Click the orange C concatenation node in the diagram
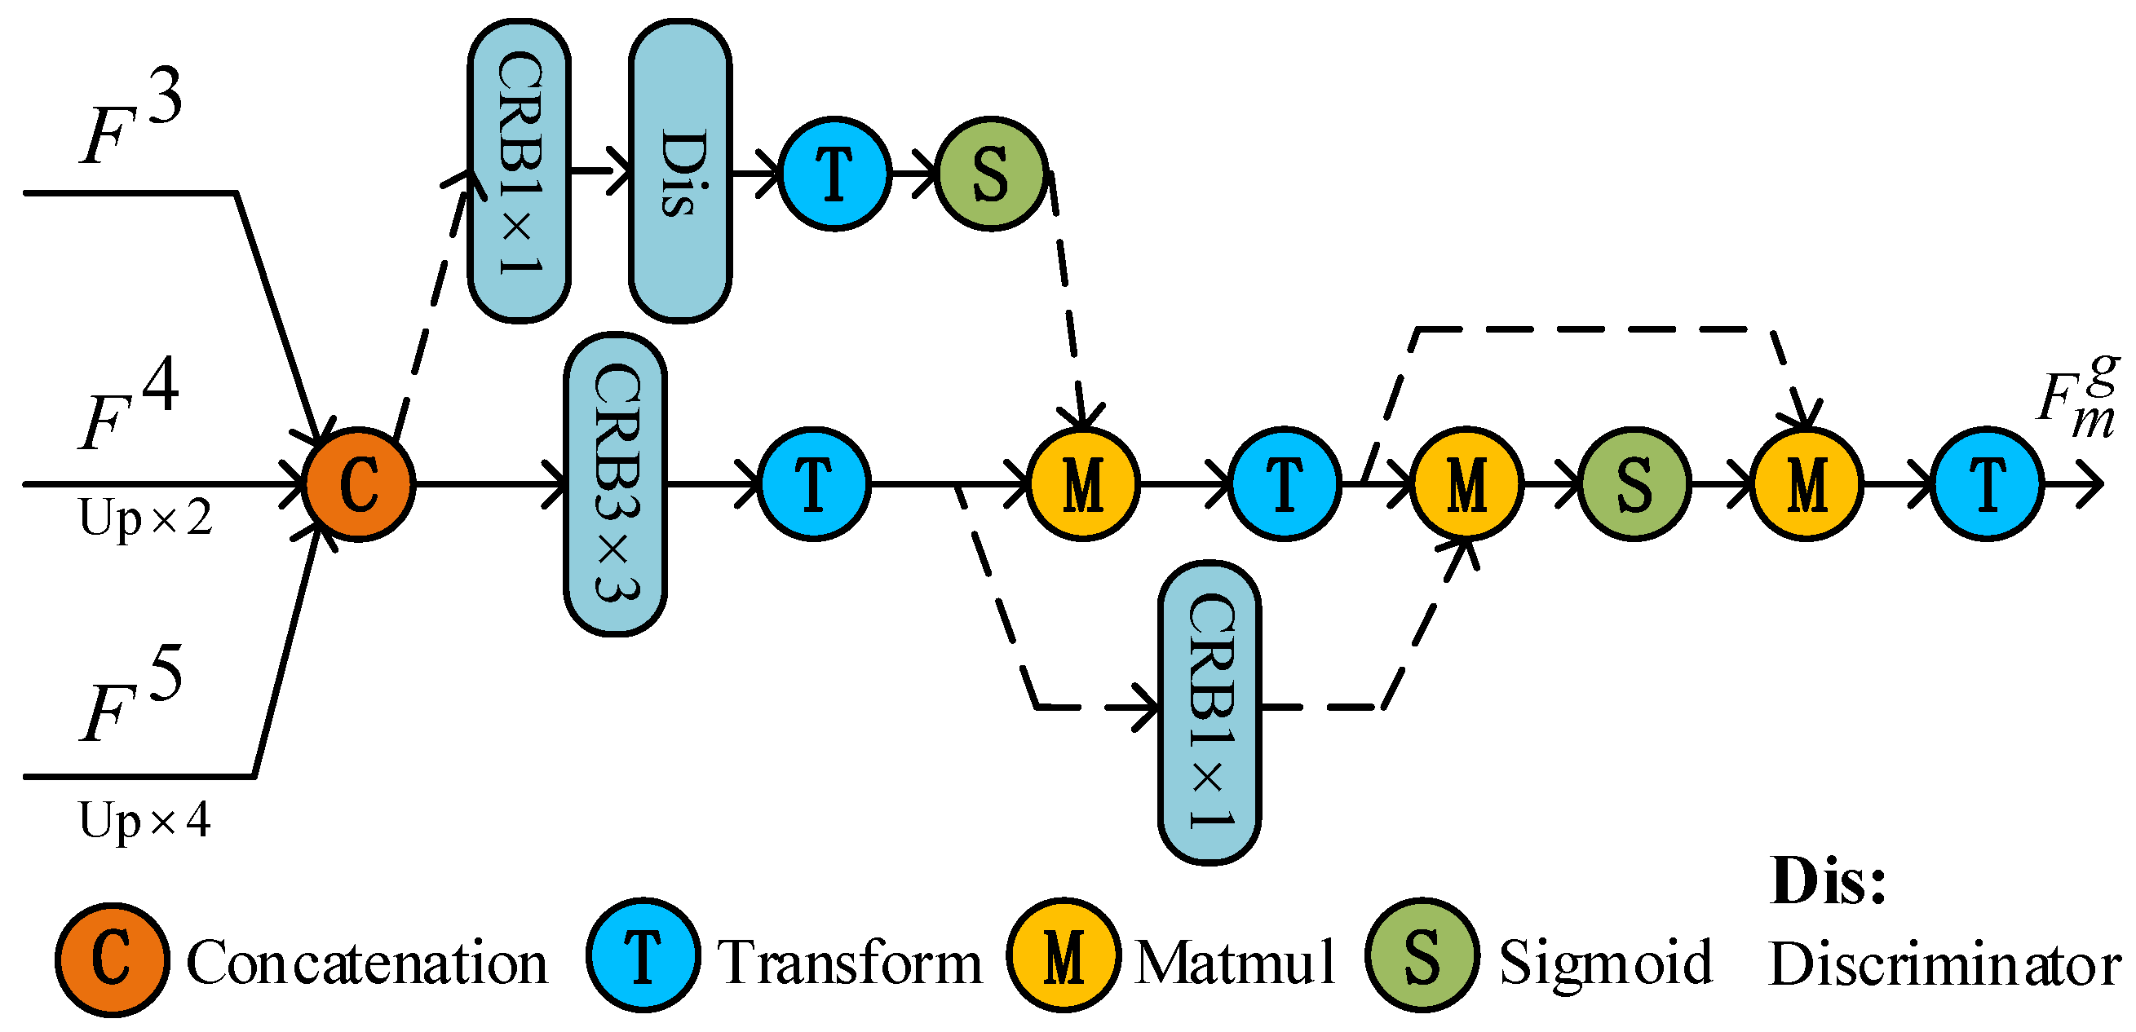point(357,484)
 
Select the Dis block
point(679,171)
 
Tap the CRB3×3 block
point(615,484)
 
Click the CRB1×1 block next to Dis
point(519,171)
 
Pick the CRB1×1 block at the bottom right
point(1209,713)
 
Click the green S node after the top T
point(991,174)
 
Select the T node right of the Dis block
point(834,174)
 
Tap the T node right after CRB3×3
point(813,484)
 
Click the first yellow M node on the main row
point(1083,484)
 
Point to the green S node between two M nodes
point(1634,484)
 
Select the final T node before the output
point(1987,484)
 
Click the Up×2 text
point(145,519)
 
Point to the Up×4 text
point(145,821)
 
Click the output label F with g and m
point(2077,398)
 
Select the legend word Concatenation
point(366,963)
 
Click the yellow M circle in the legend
point(1063,955)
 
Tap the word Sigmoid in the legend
point(1605,963)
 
